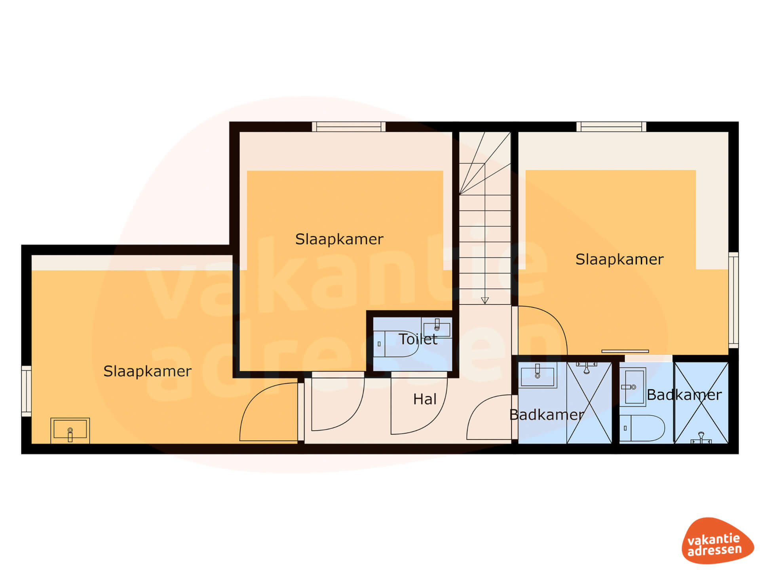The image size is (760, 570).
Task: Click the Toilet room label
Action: (x=418, y=339)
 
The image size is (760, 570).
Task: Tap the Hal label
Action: (x=425, y=399)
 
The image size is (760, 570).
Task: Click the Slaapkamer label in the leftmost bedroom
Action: (x=147, y=372)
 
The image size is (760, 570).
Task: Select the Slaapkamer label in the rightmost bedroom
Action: (x=619, y=260)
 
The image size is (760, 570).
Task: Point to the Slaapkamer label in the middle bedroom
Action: (x=339, y=239)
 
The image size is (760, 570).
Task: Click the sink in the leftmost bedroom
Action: (x=70, y=430)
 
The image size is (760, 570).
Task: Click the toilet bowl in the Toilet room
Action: (x=396, y=344)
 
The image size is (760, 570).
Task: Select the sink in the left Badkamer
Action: (x=537, y=375)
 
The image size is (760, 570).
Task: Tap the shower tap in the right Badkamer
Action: (x=701, y=438)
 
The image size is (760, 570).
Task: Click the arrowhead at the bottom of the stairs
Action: (x=485, y=300)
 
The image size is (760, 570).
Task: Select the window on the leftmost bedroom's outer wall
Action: (x=26, y=391)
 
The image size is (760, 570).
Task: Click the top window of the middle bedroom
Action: (x=349, y=127)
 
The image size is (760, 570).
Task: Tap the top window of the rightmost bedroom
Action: (x=611, y=127)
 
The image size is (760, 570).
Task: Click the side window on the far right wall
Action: (x=733, y=300)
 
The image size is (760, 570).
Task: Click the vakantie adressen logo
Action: (x=717, y=541)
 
